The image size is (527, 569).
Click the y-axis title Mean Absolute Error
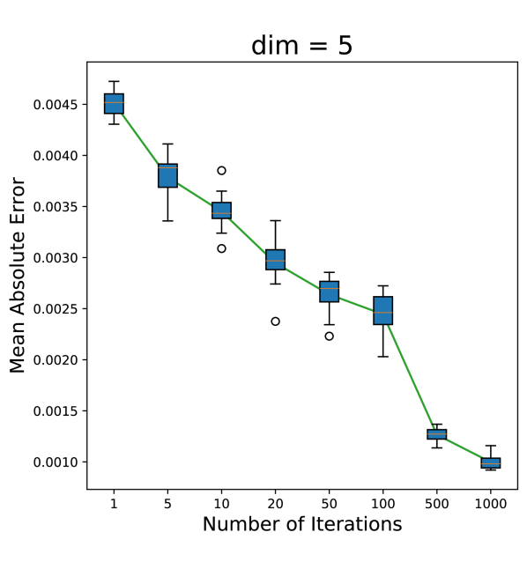coord(19,275)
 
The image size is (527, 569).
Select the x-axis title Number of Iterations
coord(301,524)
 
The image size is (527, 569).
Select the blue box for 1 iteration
coord(114,104)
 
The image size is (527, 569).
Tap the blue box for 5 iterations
coord(167,175)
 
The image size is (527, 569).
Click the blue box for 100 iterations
coord(382,310)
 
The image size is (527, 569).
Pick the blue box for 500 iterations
coord(436,433)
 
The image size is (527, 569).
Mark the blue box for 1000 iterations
coord(490,462)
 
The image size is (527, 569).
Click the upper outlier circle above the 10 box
coord(221,170)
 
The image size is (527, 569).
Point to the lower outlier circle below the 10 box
coord(221,248)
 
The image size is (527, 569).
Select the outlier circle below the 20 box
coord(275,321)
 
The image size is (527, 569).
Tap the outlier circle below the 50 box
coord(329,336)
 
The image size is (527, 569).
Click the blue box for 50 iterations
coord(329,292)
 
